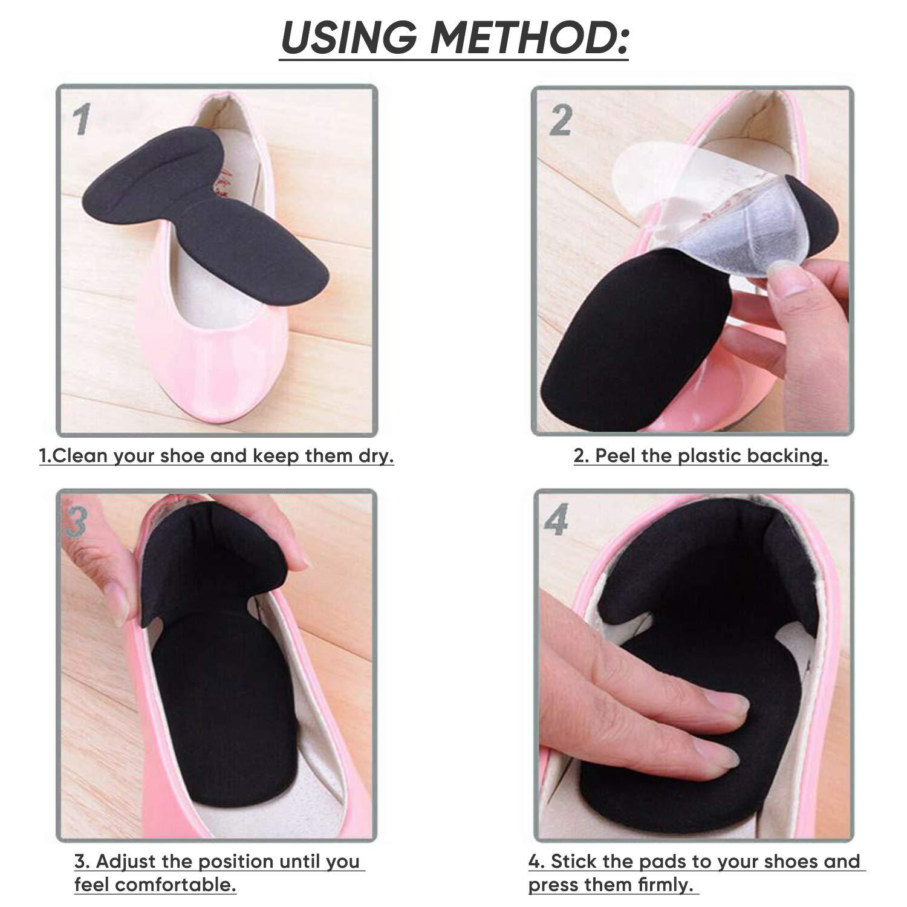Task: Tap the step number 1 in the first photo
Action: [82, 119]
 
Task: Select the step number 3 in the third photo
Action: [75, 522]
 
